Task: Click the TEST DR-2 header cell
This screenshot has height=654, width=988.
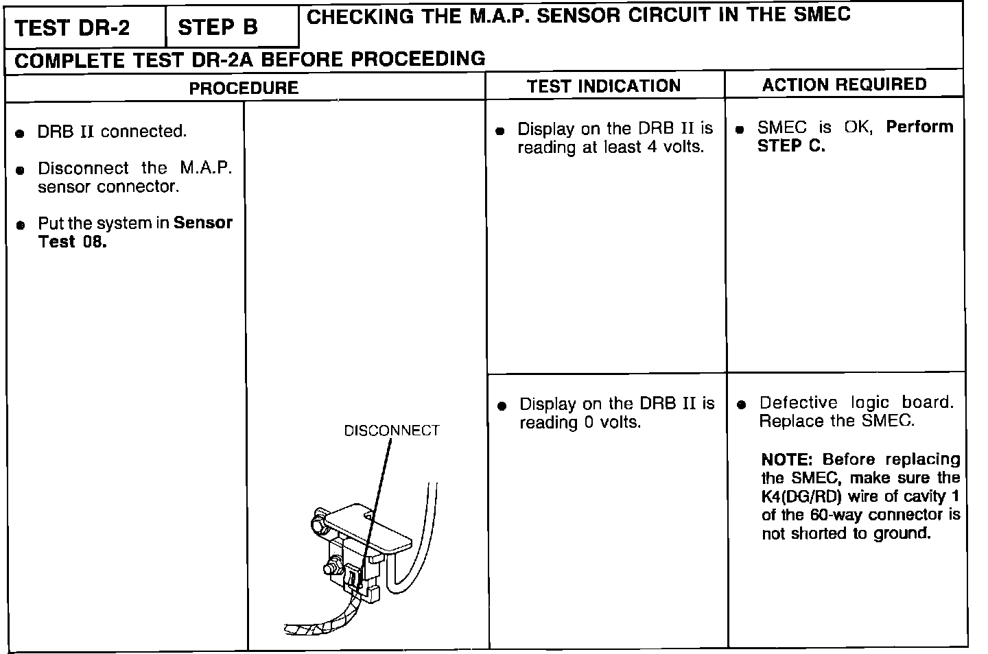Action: (72, 28)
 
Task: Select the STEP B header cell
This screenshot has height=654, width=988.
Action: (217, 27)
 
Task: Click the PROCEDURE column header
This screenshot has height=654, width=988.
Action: (244, 88)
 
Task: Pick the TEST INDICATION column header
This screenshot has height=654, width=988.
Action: (604, 86)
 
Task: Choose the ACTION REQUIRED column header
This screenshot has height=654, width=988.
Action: (844, 85)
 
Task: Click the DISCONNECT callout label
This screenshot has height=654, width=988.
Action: (391, 431)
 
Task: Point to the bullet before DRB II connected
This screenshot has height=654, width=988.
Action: (21, 133)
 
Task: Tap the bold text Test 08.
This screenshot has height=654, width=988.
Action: (72, 242)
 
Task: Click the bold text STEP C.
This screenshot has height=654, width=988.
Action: (791, 146)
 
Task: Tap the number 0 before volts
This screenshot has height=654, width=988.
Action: (588, 423)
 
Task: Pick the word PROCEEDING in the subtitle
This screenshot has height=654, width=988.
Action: (418, 60)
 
